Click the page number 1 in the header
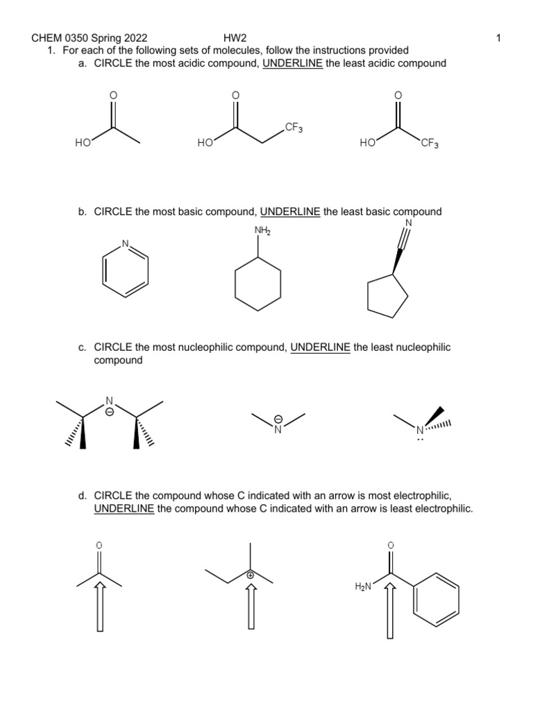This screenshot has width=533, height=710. pyautogui.click(x=499, y=38)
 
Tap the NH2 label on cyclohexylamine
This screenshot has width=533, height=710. pyautogui.click(x=262, y=230)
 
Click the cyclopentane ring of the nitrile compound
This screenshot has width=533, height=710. pyautogui.click(x=387, y=296)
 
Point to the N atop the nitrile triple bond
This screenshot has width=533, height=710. pyautogui.click(x=408, y=223)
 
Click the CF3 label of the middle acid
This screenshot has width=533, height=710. pyautogui.click(x=293, y=128)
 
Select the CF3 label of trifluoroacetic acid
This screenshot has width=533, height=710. pyautogui.click(x=429, y=144)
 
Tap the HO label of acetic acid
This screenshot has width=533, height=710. pyautogui.click(x=83, y=144)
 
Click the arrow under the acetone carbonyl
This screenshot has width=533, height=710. pyautogui.click(x=100, y=605)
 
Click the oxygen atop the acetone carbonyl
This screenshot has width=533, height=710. pyautogui.click(x=99, y=546)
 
